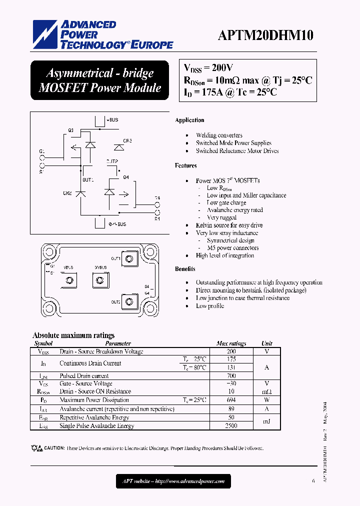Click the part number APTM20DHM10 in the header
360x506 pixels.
[x=265, y=35]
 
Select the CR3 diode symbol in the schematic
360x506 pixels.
[x=119, y=147]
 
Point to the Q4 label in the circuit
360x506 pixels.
[x=125, y=177]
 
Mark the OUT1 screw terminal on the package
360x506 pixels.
[x=130, y=259]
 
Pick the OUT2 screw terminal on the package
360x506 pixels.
[x=130, y=301]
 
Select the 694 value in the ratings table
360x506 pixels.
[x=231, y=400]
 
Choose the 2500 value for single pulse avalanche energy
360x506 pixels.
[x=231, y=426]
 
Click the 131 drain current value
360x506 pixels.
[x=231, y=367]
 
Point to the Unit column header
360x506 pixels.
[x=267, y=343]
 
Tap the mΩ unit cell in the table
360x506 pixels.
[x=267, y=391]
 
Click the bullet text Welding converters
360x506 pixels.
[x=219, y=135]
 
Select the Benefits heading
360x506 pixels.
[x=185, y=269]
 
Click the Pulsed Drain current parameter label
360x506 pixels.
[x=84, y=376]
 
